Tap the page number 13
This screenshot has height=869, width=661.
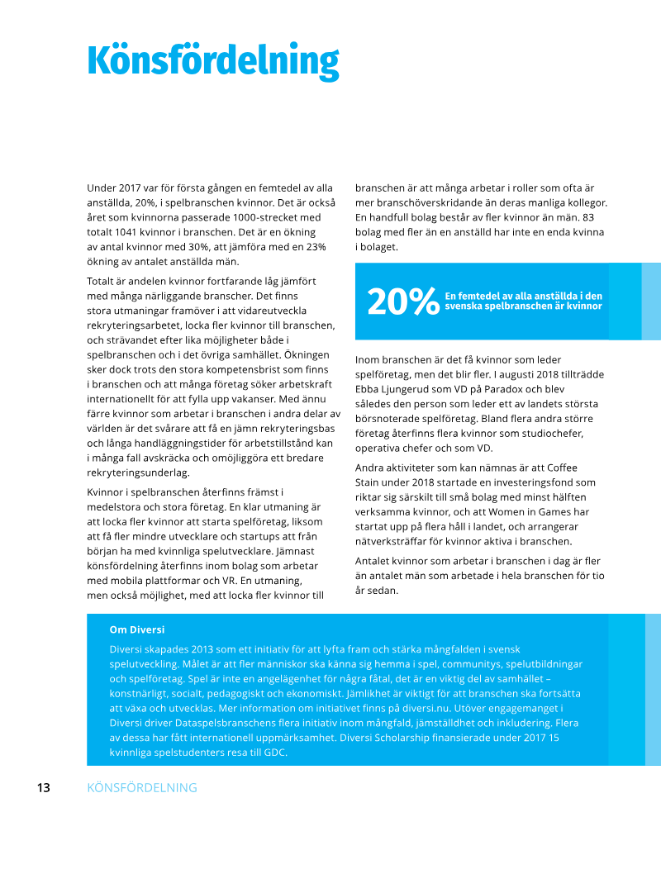pos(43,788)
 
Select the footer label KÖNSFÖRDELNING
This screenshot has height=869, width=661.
pos(142,788)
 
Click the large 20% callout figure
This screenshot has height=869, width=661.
pos(403,302)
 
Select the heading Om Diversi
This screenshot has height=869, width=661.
pos(136,629)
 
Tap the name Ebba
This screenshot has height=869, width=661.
pos(369,389)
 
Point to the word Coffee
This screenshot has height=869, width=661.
pos(583,468)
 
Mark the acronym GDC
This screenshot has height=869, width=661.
pos(273,753)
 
